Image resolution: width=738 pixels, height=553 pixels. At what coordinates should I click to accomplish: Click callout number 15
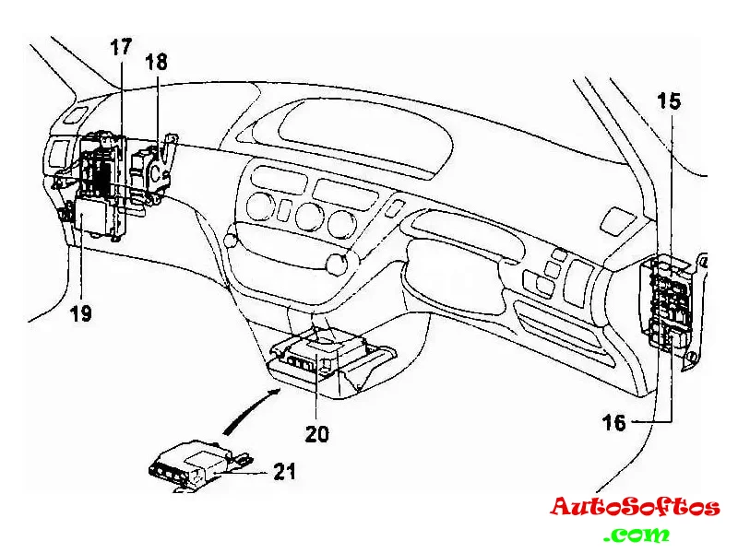point(670,100)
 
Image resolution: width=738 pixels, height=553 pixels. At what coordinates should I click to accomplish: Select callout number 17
point(121,47)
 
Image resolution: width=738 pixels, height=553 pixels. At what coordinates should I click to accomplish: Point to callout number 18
point(157,62)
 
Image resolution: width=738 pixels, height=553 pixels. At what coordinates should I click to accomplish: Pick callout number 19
point(80,313)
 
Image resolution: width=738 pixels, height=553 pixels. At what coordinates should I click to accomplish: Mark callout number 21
point(284,472)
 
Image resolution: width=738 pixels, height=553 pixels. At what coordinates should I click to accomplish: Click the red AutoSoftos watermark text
point(635,507)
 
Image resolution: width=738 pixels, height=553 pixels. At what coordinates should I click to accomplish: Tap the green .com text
point(637,534)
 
